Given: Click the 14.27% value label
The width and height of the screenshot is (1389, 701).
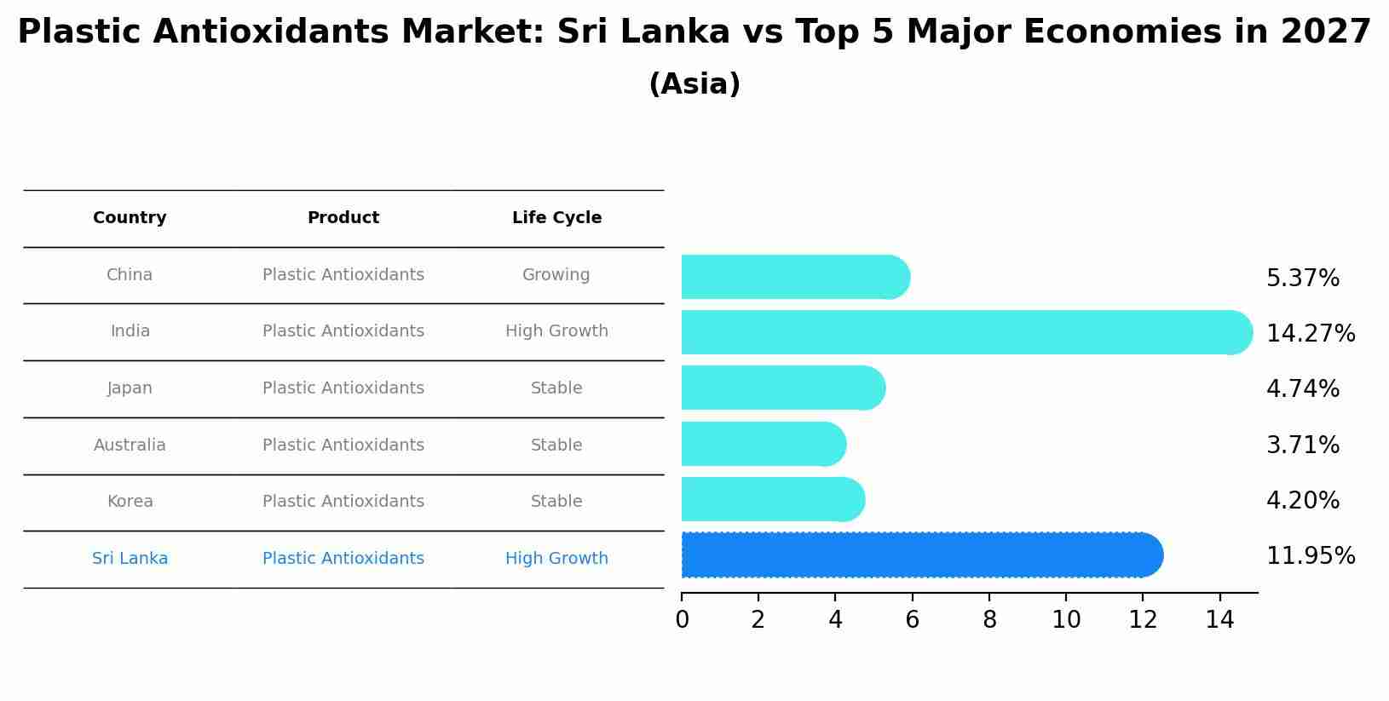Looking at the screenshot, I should pyautogui.click(x=1310, y=333).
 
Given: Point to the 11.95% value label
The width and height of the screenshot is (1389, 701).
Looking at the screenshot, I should pyautogui.click(x=1310, y=556).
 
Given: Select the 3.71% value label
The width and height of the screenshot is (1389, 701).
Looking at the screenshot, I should pyautogui.click(x=1302, y=445).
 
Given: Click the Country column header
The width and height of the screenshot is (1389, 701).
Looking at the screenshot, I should pyautogui.click(x=130, y=218).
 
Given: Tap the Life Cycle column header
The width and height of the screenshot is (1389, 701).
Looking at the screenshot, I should pyautogui.click(x=556, y=218).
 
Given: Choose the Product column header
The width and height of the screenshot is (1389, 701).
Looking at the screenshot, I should pyautogui.click(x=343, y=218).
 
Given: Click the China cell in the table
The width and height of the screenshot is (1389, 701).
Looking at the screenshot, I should pyautogui.click(x=130, y=275).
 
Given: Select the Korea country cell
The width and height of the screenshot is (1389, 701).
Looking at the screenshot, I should pyautogui.click(x=130, y=502).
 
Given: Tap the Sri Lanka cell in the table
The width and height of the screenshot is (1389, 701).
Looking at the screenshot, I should pyautogui.click(x=130, y=559).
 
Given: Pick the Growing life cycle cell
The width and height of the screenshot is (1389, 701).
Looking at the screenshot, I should pyautogui.click(x=556, y=275).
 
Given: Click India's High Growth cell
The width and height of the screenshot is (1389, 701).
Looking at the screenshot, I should pyautogui.click(x=556, y=331).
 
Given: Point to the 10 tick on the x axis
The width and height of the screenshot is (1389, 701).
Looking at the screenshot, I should pyautogui.click(x=1066, y=620).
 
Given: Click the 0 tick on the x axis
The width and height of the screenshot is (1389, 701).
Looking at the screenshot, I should pyautogui.click(x=682, y=620).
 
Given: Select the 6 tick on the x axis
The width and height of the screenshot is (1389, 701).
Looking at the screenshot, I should pyautogui.click(x=912, y=620).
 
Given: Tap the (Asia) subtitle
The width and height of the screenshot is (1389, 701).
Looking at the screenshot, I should pyautogui.click(x=694, y=84).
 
